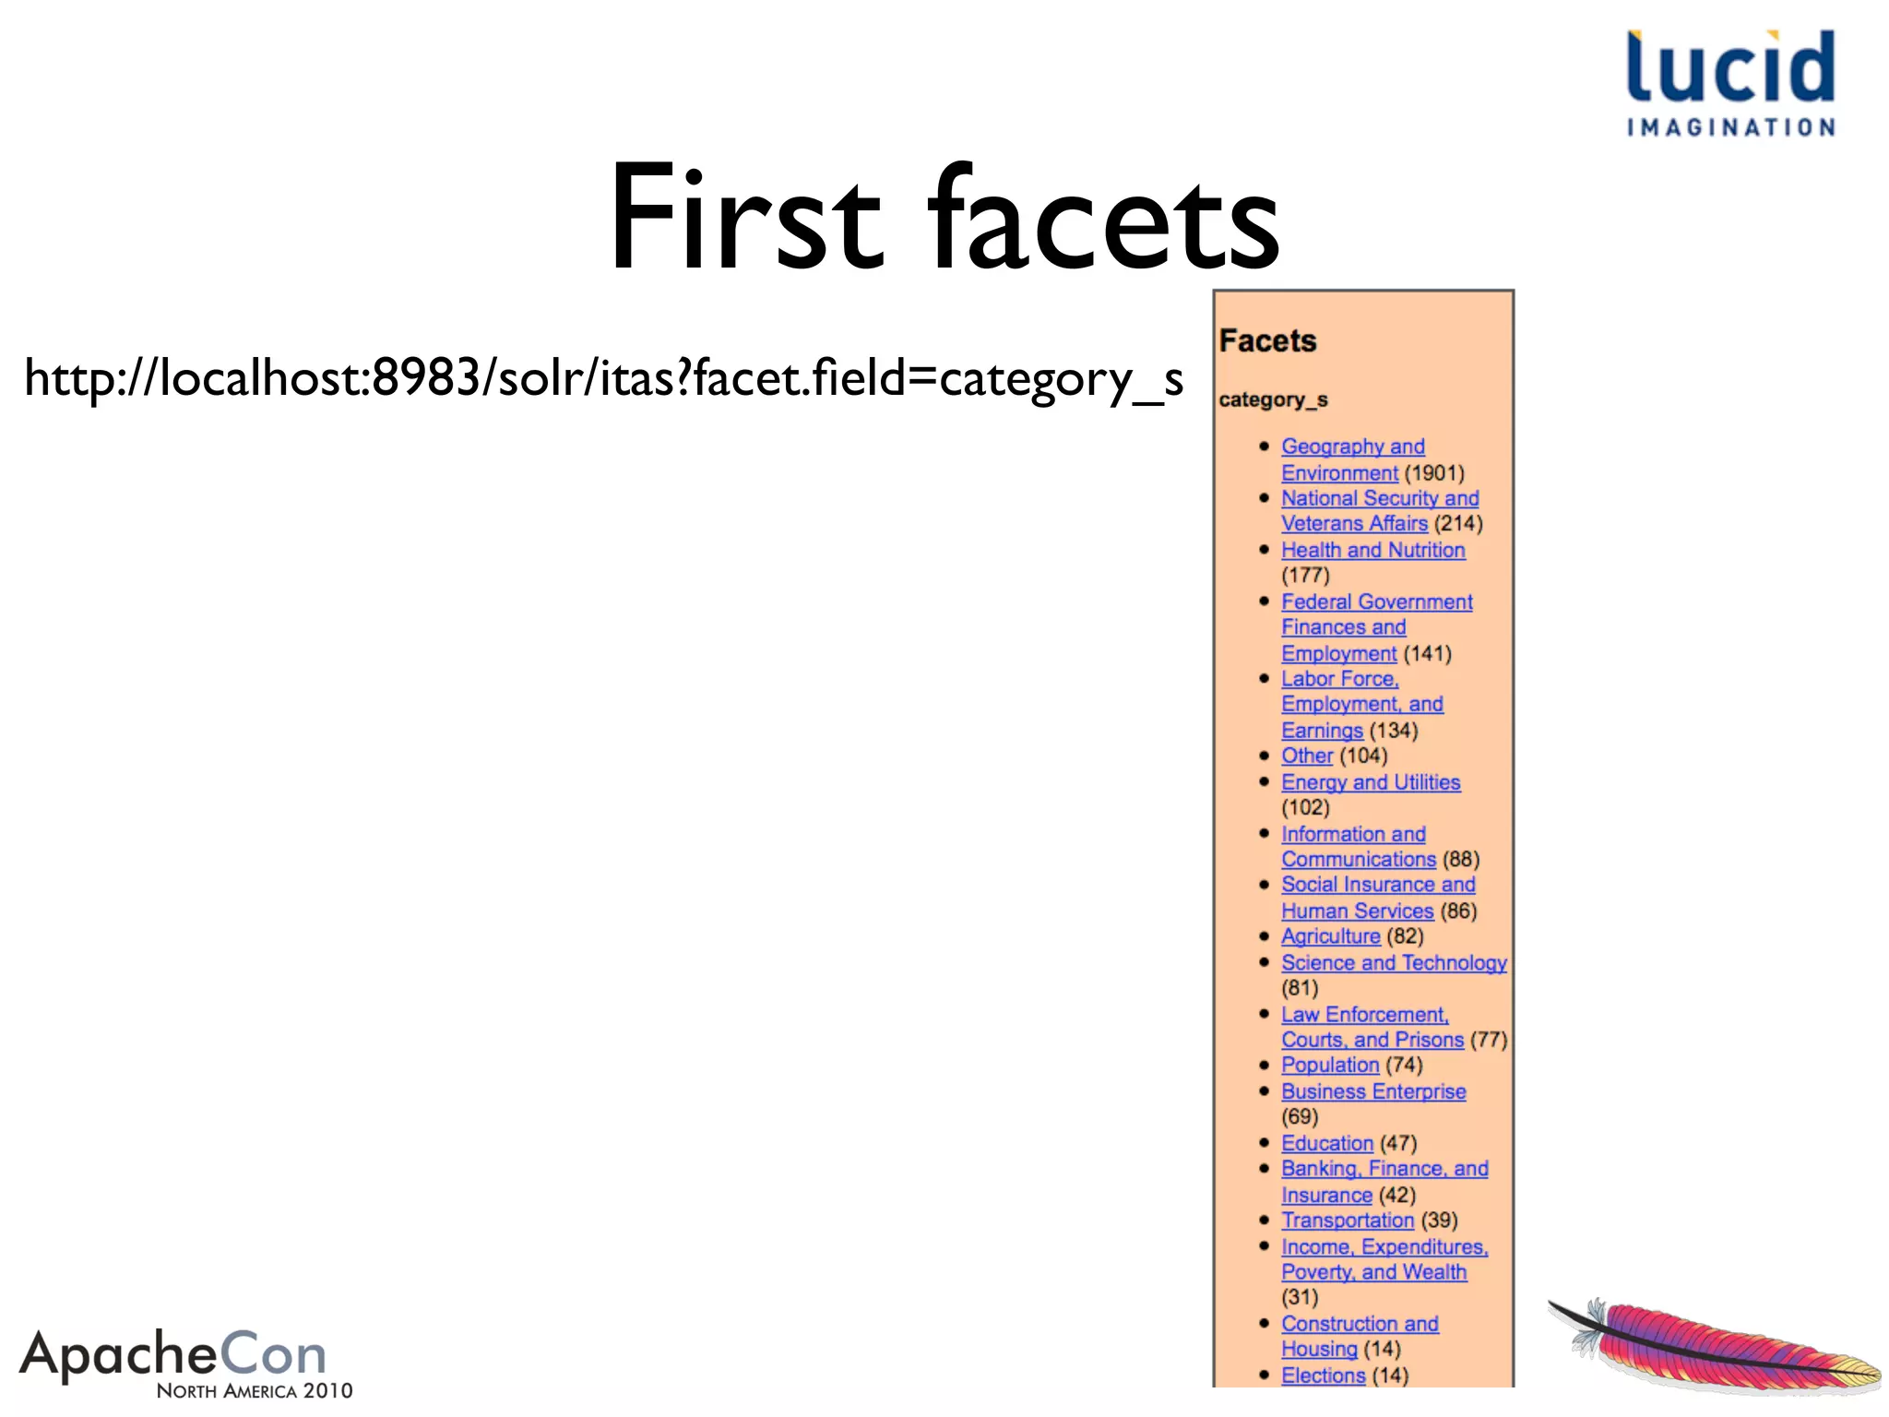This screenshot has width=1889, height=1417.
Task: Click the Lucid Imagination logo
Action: pyautogui.click(x=1730, y=83)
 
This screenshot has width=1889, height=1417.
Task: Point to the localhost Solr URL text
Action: pyautogui.click(x=603, y=378)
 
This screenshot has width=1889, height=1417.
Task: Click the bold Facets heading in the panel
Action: pyautogui.click(x=1267, y=341)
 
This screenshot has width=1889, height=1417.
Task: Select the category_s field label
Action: pyautogui.click(x=1273, y=399)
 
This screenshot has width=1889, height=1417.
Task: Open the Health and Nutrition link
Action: pyautogui.click(x=1372, y=550)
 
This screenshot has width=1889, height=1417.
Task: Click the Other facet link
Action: pyautogui.click(x=1307, y=756)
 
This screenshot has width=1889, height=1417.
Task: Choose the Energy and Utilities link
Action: pyautogui.click(x=1371, y=782)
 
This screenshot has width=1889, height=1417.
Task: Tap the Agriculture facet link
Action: pyautogui.click(x=1330, y=936)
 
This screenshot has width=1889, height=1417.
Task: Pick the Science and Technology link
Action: pyautogui.click(x=1394, y=962)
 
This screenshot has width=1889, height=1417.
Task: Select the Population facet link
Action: pyautogui.click(x=1330, y=1065)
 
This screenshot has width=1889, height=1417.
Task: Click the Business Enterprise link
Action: pyautogui.click(x=1373, y=1091)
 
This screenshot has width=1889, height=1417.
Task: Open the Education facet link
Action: pyautogui.click(x=1327, y=1143)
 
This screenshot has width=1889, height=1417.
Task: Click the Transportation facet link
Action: pyautogui.click(x=1348, y=1220)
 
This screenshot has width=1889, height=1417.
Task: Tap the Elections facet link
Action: pyautogui.click(x=1323, y=1375)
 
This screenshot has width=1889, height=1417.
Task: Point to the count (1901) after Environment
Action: pyautogui.click(x=1434, y=473)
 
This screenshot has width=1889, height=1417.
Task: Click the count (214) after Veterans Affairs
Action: pyautogui.click(x=1458, y=524)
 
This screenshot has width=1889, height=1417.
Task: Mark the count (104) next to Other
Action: pyautogui.click(x=1363, y=756)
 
